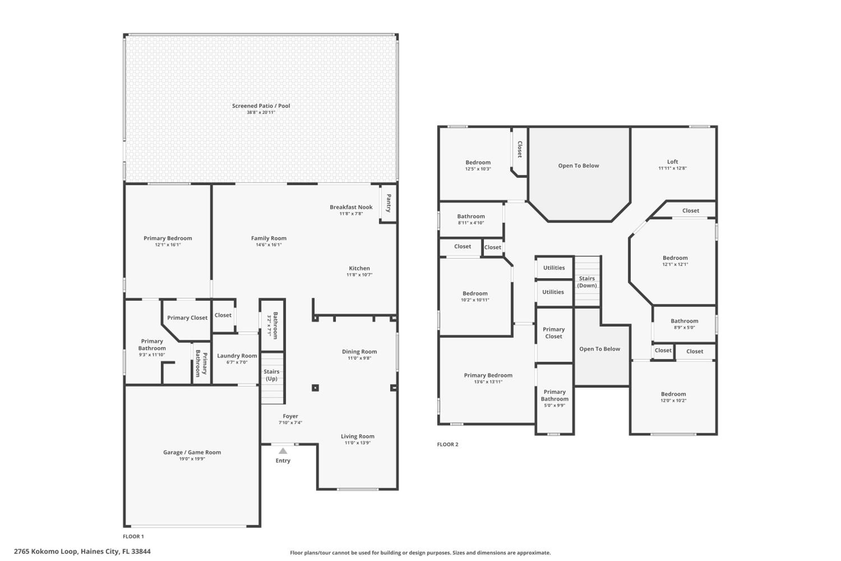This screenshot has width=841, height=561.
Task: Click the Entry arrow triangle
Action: pos(283,451)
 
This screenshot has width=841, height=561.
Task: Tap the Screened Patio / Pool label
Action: pos(261,106)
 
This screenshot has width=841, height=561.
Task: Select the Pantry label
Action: pos(389,203)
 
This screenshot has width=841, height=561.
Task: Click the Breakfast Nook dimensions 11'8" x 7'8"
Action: pos(351,213)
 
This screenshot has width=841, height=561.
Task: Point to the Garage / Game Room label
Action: pos(192,452)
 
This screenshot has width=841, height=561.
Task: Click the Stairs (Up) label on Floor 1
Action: pos(271,375)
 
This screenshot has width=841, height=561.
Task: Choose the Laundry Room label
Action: pos(237,356)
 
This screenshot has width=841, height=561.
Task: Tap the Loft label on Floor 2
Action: pos(673,162)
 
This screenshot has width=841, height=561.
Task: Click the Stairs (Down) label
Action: pos(587,282)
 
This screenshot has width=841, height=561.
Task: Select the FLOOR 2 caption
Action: pos(447,444)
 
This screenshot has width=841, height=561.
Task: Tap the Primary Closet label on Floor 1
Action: pos(187,318)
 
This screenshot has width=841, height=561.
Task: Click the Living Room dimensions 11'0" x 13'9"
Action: pos(358,443)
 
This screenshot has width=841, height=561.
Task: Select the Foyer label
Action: pos(290,416)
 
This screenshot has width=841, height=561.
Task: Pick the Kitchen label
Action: pos(359,268)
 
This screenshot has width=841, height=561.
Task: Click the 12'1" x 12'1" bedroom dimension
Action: pos(675,265)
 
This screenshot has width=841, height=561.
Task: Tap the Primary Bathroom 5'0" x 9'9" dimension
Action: pos(554,405)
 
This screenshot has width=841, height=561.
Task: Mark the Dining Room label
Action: pos(359,352)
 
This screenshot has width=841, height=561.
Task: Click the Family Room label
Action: pos(269,238)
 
